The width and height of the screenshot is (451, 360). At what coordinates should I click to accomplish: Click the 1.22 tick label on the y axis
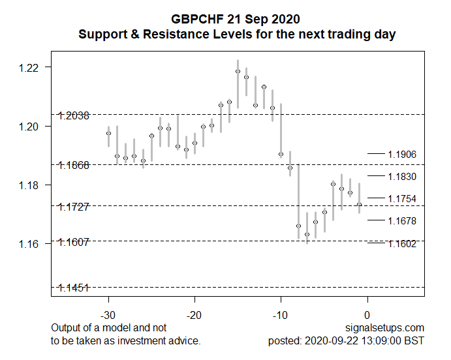click(32, 68)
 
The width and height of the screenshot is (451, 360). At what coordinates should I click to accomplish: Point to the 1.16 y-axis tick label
click(32, 244)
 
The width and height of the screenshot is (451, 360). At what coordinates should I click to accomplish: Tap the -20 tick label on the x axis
click(194, 315)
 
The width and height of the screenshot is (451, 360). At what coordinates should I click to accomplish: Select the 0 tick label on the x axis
click(367, 315)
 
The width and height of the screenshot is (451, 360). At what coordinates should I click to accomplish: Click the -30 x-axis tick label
click(108, 315)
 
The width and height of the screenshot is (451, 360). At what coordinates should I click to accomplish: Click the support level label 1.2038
click(74, 116)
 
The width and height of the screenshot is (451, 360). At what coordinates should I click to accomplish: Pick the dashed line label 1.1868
click(74, 166)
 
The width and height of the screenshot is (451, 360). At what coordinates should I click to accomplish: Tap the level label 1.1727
click(74, 207)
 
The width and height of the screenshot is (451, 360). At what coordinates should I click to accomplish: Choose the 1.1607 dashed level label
click(74, 242)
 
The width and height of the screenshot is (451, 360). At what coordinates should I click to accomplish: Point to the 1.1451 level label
click(74, 288)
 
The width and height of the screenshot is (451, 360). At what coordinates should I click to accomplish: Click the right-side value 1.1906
click(402, 155)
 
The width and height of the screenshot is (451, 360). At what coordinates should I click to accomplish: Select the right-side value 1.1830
click(402, 177)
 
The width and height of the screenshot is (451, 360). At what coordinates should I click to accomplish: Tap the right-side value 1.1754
click(402, 199)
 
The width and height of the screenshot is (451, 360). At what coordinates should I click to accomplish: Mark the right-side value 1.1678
click(402, 221)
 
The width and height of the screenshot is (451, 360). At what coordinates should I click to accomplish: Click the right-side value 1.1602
click(402, 244)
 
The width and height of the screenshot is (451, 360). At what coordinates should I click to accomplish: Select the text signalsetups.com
click(387, 327)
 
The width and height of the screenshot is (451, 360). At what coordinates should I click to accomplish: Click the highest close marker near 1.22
click(238, 71)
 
